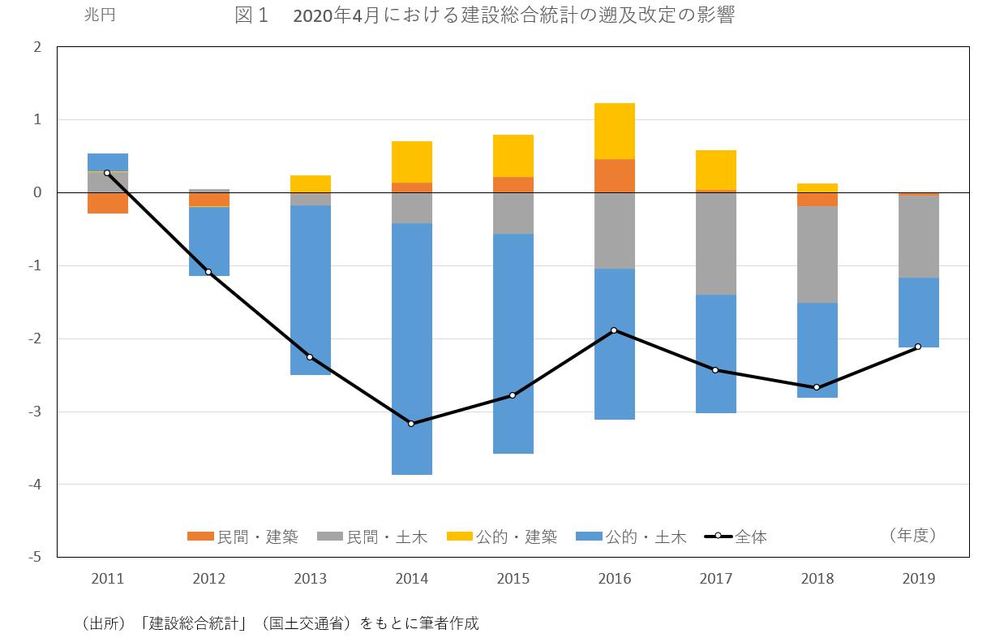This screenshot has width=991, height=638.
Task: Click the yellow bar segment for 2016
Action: pyautogui.click(x=615, y=131)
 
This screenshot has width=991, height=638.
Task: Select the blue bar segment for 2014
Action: pyautogui.click(x=412, y=349)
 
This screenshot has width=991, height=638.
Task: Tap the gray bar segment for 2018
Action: pyautogui.click(x=817, y=254)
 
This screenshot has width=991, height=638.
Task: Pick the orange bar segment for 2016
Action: pyautogui.click(x=615, y=175)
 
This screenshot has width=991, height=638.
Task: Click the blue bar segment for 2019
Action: pyautogui.click(x=919, y=313)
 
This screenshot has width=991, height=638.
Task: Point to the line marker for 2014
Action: pyautogui.click(x=411, y=424)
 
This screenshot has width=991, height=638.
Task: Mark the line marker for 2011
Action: pyautogui.click(x=107, y=173)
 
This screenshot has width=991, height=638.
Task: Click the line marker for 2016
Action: pyautogui.click(x=614, y=330)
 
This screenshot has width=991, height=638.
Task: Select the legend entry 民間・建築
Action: pyautogui.click(x=242, y=537)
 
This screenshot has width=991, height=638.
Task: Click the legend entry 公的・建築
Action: pyautogui.click(x=503, y=537)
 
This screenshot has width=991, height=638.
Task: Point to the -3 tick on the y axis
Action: pyautogui.click(x=36, y=412)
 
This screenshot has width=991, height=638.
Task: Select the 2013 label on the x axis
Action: pyautogui.click(x=311, y=579)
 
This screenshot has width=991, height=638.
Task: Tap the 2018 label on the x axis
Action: pyautogui.click(x=817, y=579)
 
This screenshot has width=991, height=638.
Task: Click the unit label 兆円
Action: pyautogui.click(x=100, y=15)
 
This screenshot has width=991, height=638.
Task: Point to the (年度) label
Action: pyautogui.click(x=912, y=535)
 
